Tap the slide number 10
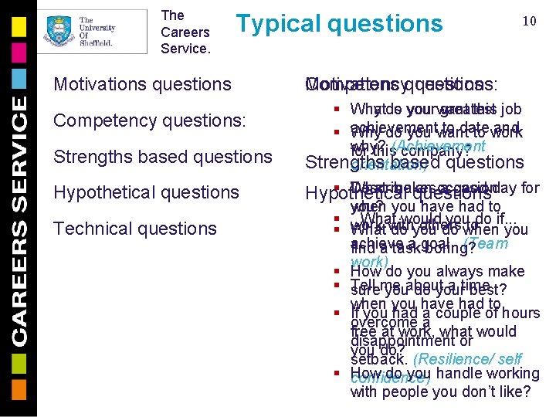point(530,21)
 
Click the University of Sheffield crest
point(57,31)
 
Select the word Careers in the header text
point(185,32)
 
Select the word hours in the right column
point(520,314)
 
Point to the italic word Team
point(488,243)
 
